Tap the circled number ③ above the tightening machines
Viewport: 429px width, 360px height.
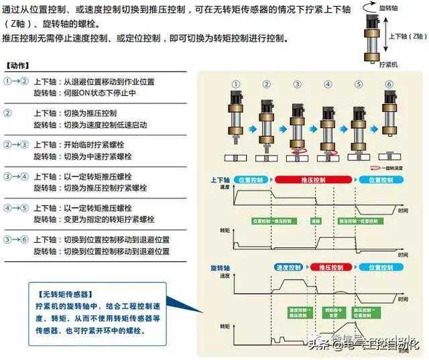pos(297,84)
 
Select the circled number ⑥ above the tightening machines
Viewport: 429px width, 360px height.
pos(389,84)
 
